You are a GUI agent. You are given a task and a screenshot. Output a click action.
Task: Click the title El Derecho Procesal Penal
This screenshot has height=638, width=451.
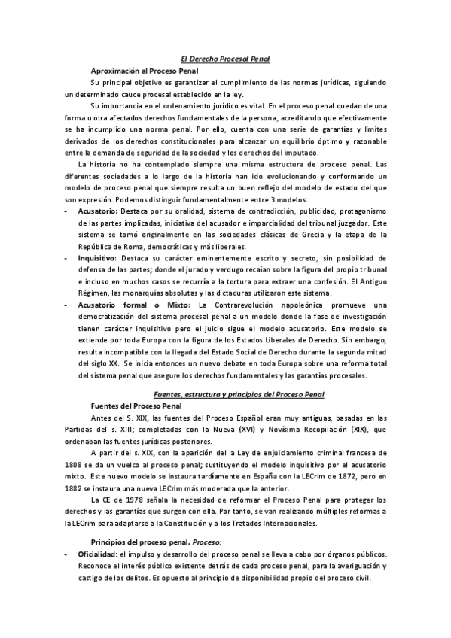(226, 58)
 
